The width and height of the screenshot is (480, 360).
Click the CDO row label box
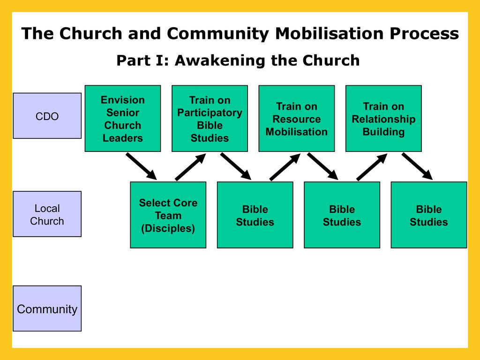tap(47, 116)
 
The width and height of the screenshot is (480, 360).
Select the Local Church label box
tap(47, 214)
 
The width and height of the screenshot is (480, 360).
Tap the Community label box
tap(47, 309)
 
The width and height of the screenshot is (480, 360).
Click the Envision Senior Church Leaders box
tap(122, 119)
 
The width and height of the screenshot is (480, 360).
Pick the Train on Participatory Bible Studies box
tap(210, 119)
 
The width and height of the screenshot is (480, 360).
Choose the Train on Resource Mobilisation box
tap(297, 119)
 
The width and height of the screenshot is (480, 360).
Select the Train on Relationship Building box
tap(383, 119)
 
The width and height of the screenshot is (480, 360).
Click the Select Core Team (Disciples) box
tap(168, 215)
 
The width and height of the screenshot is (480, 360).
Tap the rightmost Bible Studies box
tap(429, 215)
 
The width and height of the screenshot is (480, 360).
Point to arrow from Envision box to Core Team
tap(141, 166)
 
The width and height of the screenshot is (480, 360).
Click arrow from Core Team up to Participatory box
tap(190, 167)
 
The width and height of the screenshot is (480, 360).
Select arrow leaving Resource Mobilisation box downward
tap(322, 166)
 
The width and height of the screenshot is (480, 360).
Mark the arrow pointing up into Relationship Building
tap(372, 167)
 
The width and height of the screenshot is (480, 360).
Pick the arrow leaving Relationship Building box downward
tap(417, 166)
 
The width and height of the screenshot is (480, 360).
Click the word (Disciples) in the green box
tap(168, 228)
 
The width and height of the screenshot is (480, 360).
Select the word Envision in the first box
tap(123, 100)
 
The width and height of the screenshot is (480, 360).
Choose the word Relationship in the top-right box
tap(383, 119)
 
